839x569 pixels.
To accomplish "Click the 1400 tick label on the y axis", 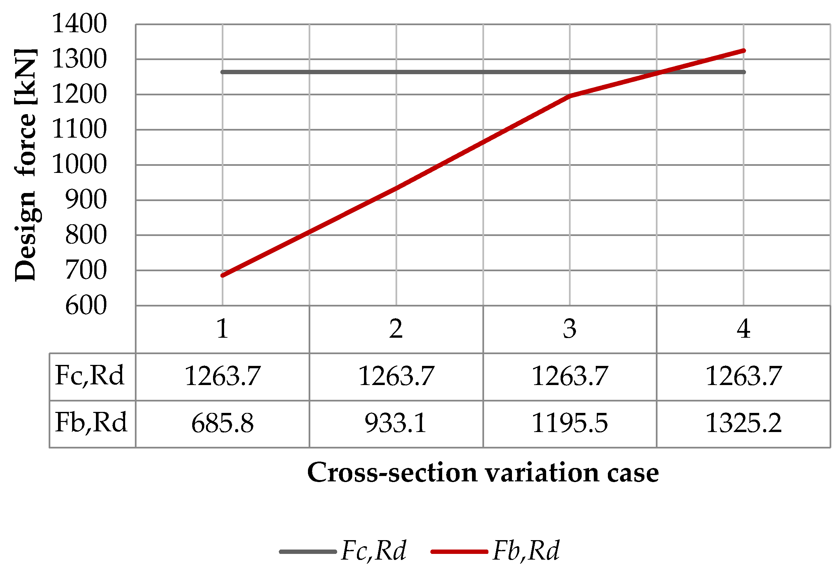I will (x=79, y=24).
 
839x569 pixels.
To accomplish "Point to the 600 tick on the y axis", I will (x=86, y=305).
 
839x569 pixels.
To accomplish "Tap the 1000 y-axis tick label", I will (x=79, y=165).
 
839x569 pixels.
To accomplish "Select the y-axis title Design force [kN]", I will (x=25, y=165).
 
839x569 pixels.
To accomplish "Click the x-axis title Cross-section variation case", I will (x=483, y=473).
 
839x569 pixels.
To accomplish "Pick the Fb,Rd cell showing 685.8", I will (x=222, y=423).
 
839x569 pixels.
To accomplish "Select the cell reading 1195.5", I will (x=570, y=423).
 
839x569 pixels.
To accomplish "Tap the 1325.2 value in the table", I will (x=743, y=423).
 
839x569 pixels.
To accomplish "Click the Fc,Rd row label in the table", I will (x=90, y=376).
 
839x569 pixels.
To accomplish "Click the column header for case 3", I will (x=570, y=329).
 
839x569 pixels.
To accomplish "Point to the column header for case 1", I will (x=222, y=329).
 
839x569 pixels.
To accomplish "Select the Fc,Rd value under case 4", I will (x=743, y=376).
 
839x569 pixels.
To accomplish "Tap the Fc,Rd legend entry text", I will (x=374, y=551).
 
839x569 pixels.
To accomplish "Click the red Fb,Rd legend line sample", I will (x=459, y=552).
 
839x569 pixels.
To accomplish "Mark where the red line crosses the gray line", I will (x=659, y=72).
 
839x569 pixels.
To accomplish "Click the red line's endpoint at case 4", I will (x=744, y=51).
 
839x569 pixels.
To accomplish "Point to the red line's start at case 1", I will (x=222, y=276).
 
